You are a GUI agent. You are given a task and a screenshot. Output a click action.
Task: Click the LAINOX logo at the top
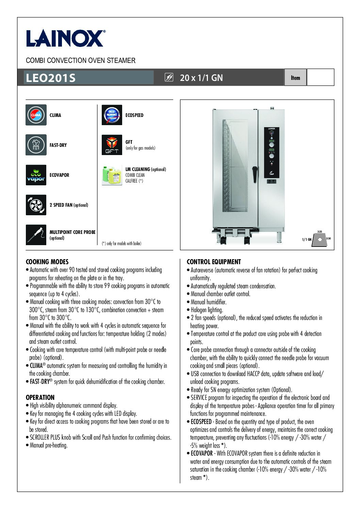[65, 38]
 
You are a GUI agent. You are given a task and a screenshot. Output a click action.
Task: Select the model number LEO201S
[50, 78]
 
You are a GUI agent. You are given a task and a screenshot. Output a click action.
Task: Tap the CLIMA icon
[36, 115]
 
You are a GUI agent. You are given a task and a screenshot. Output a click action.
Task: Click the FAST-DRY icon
[36, 145]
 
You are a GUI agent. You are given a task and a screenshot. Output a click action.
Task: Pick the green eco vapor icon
[36, 175]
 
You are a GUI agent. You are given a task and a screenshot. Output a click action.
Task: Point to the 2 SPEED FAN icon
[36, 205]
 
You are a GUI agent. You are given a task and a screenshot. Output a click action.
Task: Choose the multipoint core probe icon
[36, 235]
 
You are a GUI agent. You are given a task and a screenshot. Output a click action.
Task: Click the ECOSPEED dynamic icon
[112, 115]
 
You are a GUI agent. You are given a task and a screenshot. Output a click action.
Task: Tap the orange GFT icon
[112, 145]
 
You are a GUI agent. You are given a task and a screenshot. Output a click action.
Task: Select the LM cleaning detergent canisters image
[112, 175]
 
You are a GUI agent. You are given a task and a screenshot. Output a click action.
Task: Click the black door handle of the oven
[254, 173]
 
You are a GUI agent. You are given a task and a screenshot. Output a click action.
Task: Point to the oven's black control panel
[272, 153]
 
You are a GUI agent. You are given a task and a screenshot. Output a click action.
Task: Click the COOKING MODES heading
[47, 262]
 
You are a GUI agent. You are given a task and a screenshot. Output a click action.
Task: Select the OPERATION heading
[40, 397]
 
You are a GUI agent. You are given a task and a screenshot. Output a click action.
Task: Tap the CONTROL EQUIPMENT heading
[214, 262]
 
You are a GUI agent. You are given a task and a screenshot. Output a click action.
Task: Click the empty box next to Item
[320, 78]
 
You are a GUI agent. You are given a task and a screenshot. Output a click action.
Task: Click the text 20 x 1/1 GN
[201, 78]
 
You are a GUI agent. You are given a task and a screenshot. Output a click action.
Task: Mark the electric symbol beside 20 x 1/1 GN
[169, 78]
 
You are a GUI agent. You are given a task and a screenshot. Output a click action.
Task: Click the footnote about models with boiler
[121, 243]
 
